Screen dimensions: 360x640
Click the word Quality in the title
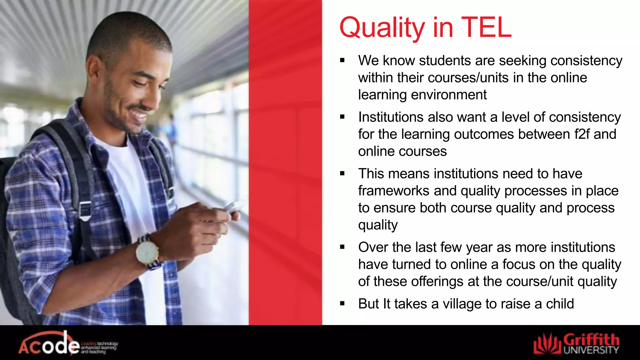pyautogui.click(x=382, y=28)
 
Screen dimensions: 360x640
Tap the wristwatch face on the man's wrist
pyautogui.click(x=146, y=252)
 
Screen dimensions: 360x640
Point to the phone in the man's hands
pyautogui.click(x=233, y=207)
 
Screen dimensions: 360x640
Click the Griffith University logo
pyautogui.click(x=576, y=344)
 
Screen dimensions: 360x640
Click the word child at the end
pyautogui.click(x=560, y=304)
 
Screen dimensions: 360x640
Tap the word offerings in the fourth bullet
pyautogui.click(x=437, y=282)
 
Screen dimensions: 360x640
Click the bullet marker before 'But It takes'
pyautogui.click(x=342, y=303)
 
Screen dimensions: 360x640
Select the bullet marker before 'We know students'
pyautogui.click(x=342, y=60)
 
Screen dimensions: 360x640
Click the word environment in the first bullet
pyautogui.click(x=449, y=95)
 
